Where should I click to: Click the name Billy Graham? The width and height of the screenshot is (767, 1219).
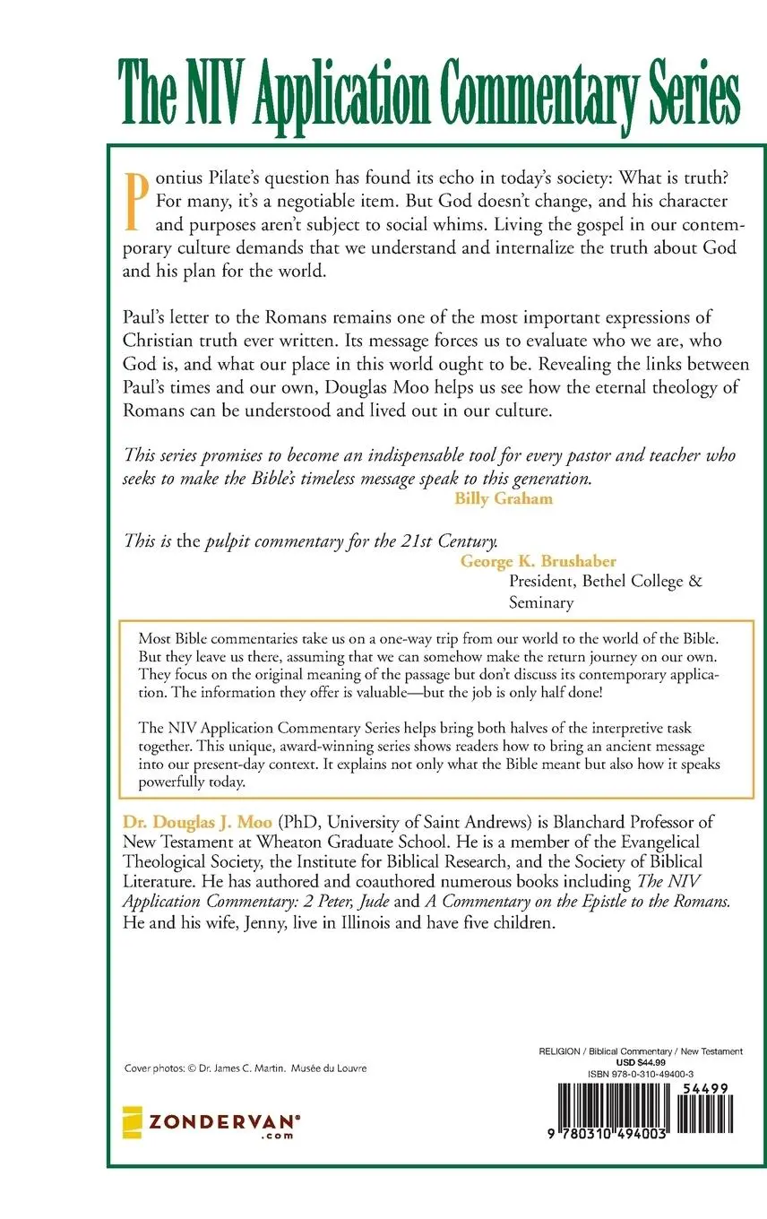pos(504,499)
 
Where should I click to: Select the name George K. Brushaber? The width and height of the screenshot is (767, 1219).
pos(539,561)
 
